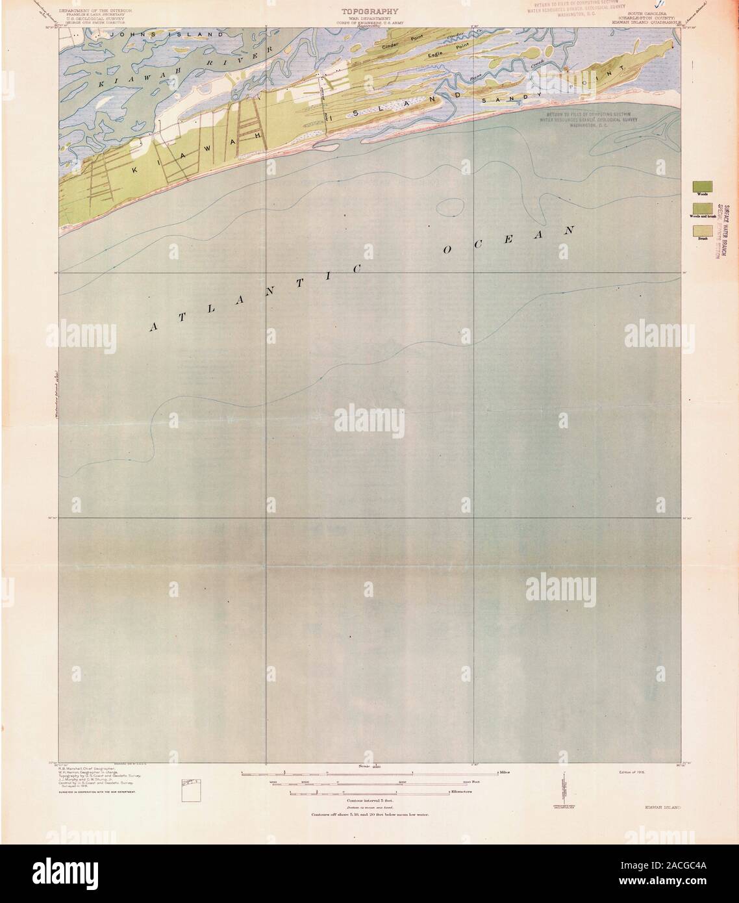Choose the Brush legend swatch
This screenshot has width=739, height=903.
point(702,230)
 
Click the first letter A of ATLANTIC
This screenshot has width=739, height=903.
point(154,328)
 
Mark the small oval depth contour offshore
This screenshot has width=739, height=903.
point(449,207)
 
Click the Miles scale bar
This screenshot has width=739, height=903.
point(369,772)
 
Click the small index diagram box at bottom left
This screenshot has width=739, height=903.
point(189,793)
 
